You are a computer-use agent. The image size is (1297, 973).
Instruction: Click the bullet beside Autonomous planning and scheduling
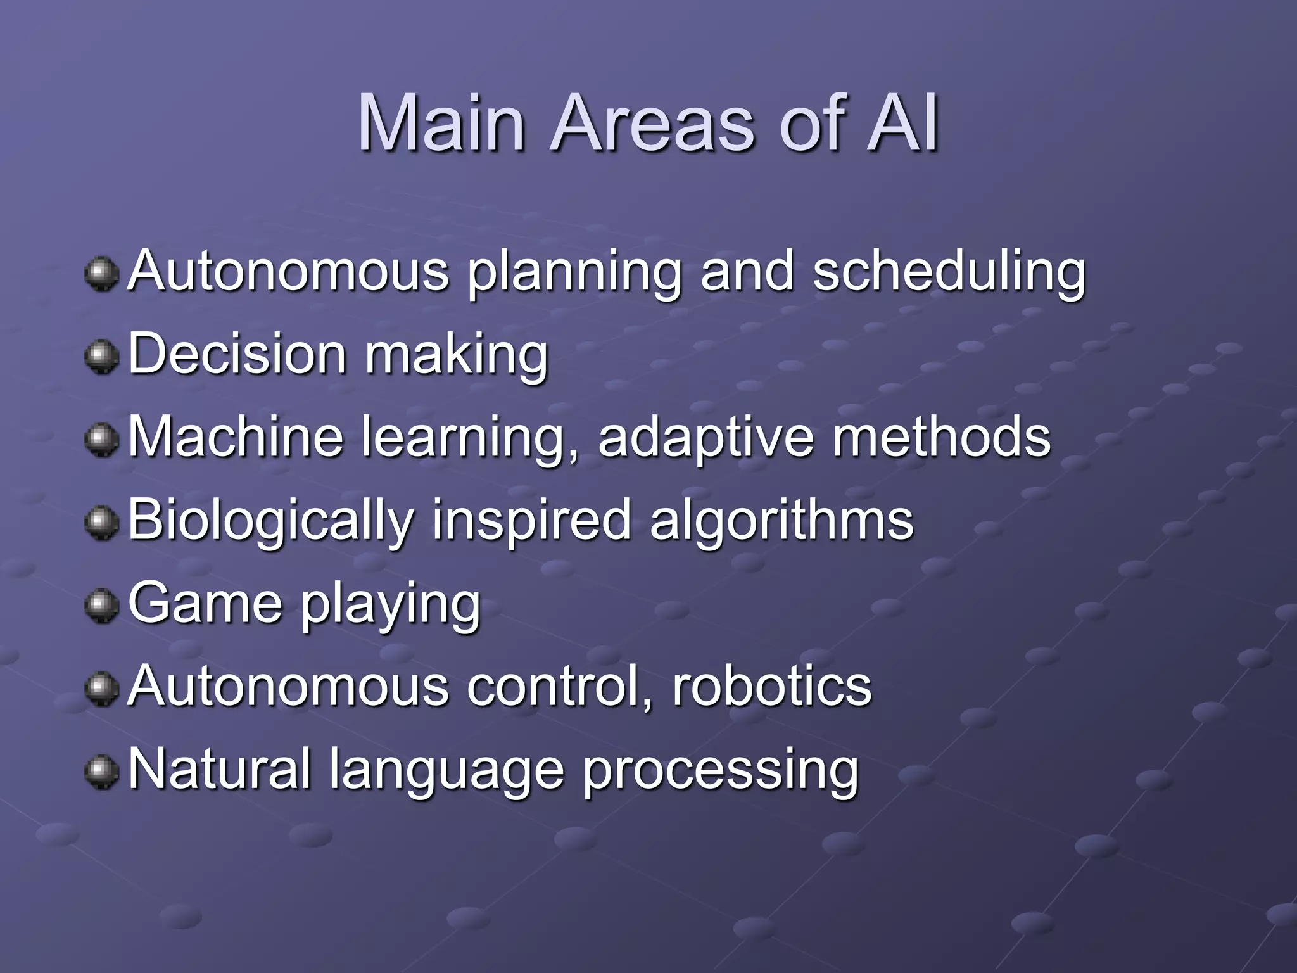[101, 274]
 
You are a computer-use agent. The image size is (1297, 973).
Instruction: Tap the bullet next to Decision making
[101, 357]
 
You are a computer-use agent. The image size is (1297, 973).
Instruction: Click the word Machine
[236, 437]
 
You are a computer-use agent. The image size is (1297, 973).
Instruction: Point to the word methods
[941, 437]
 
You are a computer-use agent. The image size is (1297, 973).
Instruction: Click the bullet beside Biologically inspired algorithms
[101, 523]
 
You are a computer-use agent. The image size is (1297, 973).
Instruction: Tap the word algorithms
[781, 521]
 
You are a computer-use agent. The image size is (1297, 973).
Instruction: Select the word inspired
[531, 521]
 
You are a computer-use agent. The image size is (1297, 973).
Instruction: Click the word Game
[205, 603]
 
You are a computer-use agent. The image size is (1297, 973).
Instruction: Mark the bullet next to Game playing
[101, 606]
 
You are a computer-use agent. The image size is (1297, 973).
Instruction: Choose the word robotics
[771, 687]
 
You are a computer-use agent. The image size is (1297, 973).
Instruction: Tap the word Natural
[220, 770]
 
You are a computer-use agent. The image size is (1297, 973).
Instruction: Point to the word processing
[720, 772]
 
